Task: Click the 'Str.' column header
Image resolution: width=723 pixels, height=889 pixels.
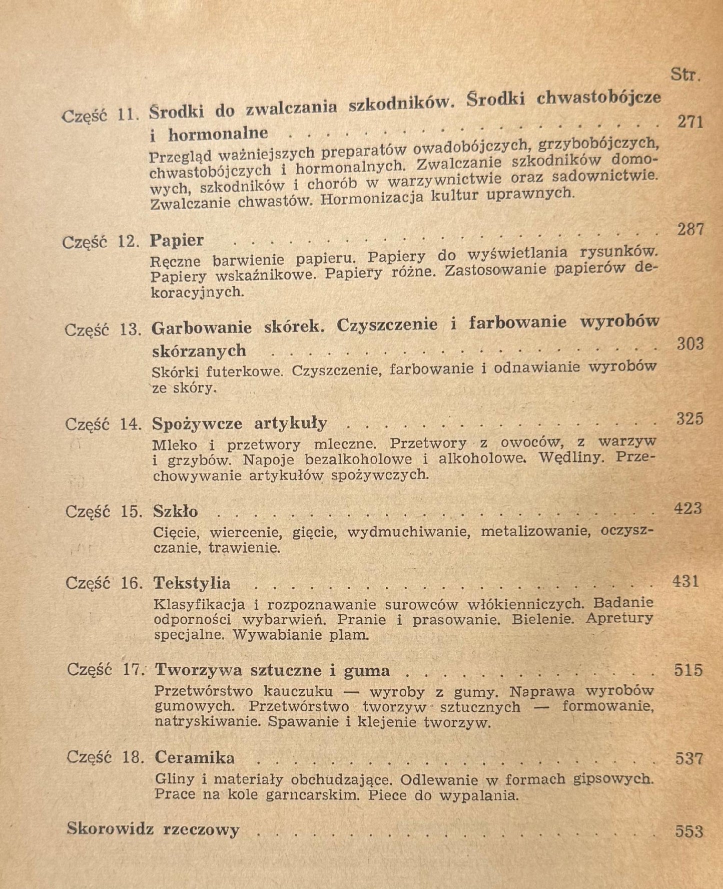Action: pos(685,75)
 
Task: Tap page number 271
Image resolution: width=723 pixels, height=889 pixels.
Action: pos(690,122)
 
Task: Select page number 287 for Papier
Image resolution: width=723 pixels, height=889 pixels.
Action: pos(690,230)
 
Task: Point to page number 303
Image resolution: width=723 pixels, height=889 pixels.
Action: pos(690,344)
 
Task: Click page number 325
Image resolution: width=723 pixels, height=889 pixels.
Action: pos(690,418)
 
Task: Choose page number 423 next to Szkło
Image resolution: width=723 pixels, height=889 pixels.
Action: pos(688,509)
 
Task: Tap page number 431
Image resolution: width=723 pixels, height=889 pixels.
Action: pos(685,581)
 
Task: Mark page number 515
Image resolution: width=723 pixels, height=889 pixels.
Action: pos(688,670)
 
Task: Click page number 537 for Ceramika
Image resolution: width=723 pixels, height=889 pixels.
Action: pos(689,759)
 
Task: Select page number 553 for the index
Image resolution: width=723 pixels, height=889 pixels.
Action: pos(689,831)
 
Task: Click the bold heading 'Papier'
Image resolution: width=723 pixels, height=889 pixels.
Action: pos(177,241)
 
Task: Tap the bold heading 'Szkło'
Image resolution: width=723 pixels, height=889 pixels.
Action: pos(175,512)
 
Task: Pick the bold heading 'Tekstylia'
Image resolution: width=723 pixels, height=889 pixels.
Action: pos(192,583)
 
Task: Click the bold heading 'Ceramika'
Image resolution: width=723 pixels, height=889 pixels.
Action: pos(195,757)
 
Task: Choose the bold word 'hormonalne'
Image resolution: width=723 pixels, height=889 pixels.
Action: pos(218,134)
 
